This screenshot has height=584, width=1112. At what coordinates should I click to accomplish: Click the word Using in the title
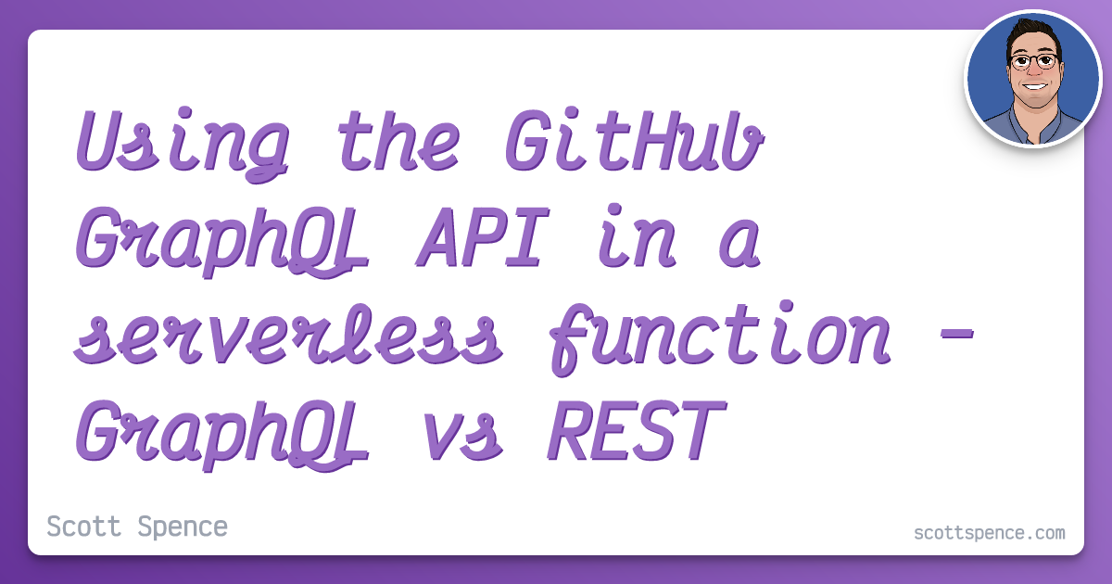pos(183,144)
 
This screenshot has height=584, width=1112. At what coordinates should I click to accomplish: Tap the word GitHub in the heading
pos(635,140)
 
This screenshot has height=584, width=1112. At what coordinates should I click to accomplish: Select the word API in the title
pos(483,236)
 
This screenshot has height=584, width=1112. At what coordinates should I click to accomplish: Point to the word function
pos(721,337)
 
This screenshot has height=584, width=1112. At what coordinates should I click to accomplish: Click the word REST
pos(638,430)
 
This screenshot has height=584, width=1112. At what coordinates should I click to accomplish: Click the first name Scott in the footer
pos(84,527)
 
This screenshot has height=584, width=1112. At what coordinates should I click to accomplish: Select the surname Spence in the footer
pos(183,527)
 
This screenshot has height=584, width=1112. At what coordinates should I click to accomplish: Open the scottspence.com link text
pos(990,533)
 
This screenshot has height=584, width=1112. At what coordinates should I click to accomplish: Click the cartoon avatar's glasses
pos(1034,61)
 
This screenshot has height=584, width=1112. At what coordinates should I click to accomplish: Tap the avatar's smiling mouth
pos(1034,87)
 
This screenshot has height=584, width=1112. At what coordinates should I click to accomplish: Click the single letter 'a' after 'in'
pos(739,243)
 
